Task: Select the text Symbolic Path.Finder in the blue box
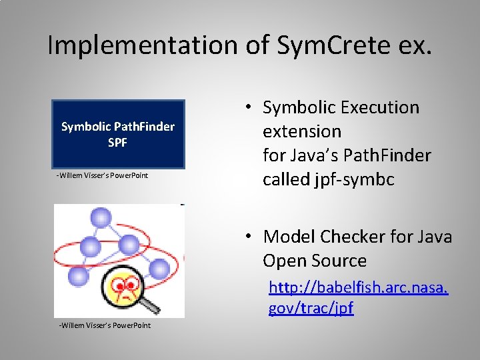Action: pyautogui.click(x=117, y=126)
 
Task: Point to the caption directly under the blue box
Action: pyautogui.click(x=102, y=175)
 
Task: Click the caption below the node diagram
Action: pyautogui.click(x=104, y=325)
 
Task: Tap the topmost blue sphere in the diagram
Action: pyautogui.click(x=101, y=217)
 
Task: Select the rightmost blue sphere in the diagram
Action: pyautogui.click(x=159, y=269)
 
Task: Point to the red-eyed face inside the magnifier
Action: pyautogui.click(x=125, y=287)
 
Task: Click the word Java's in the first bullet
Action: pyautogui.click(x=319, y=155)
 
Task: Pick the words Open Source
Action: pyautogui.click(x=315, y=261)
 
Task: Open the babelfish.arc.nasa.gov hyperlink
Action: pyautogui.click(x=357, y=297)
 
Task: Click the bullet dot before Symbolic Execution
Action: pyautogui.click(x=247, y=107)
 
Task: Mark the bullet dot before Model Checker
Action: pyautogui.click(x=247, y=237)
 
